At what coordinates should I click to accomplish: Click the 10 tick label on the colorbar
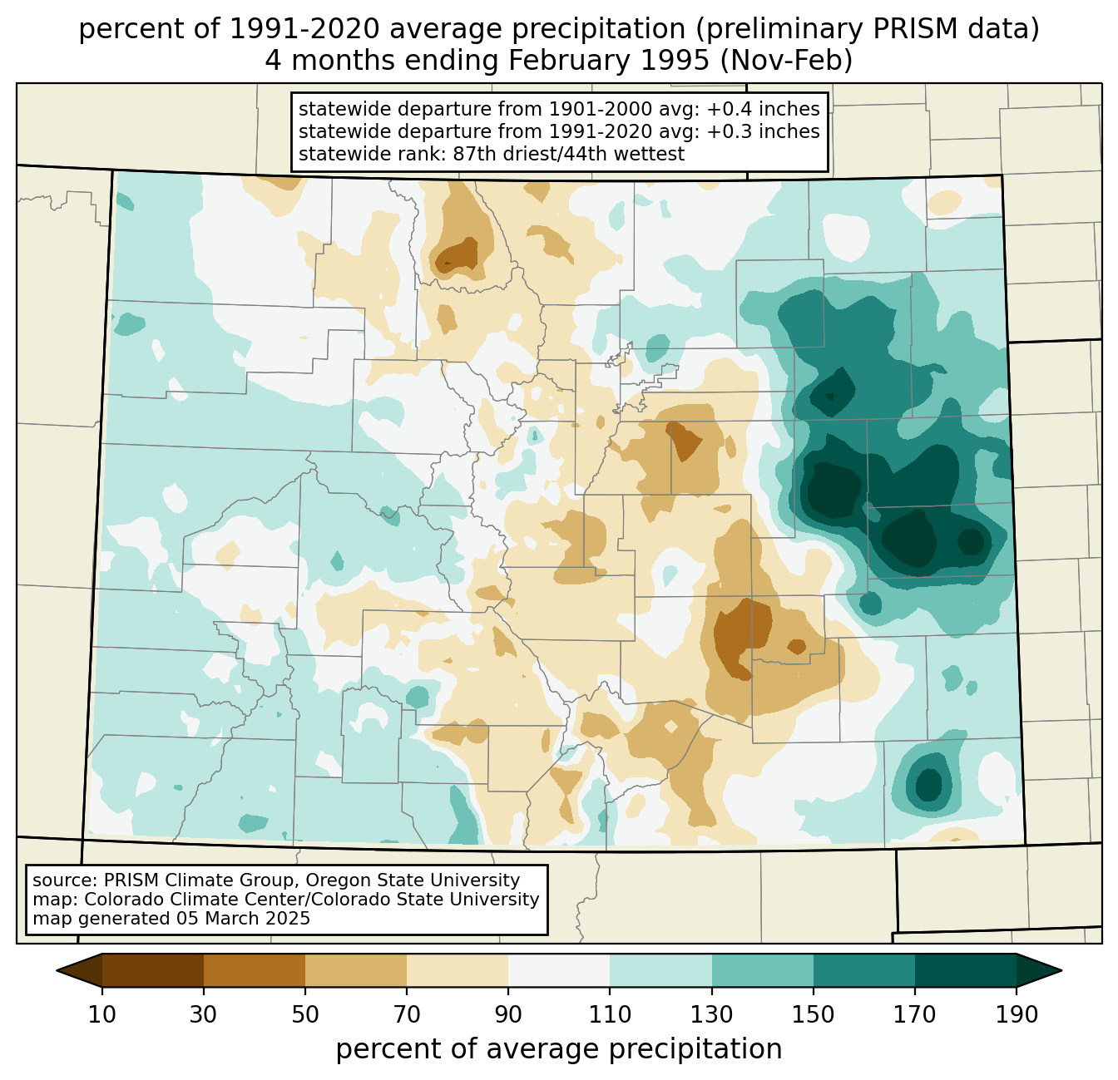click(102, 1015)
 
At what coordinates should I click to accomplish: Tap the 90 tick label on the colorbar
click(508, 1015)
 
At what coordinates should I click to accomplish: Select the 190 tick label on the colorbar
click(1016, 1015)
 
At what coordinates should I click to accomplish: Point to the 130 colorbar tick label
click(711, 1015)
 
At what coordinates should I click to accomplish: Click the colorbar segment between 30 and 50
click(255, 970)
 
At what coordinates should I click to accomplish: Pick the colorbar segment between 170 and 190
click(965, 970)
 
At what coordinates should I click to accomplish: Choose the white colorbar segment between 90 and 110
click(559, 970)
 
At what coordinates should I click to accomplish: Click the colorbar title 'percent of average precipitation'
click(559, 1049)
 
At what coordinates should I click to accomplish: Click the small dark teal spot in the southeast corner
click(928, 783)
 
